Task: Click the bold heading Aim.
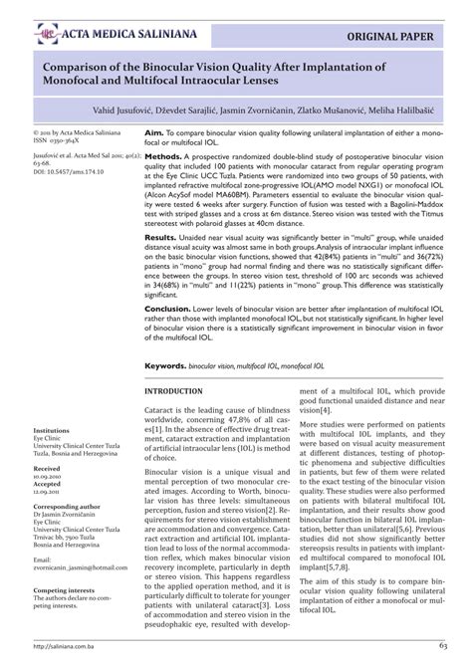154,132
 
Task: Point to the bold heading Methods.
163,157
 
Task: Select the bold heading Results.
161,239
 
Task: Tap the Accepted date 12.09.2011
50,492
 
